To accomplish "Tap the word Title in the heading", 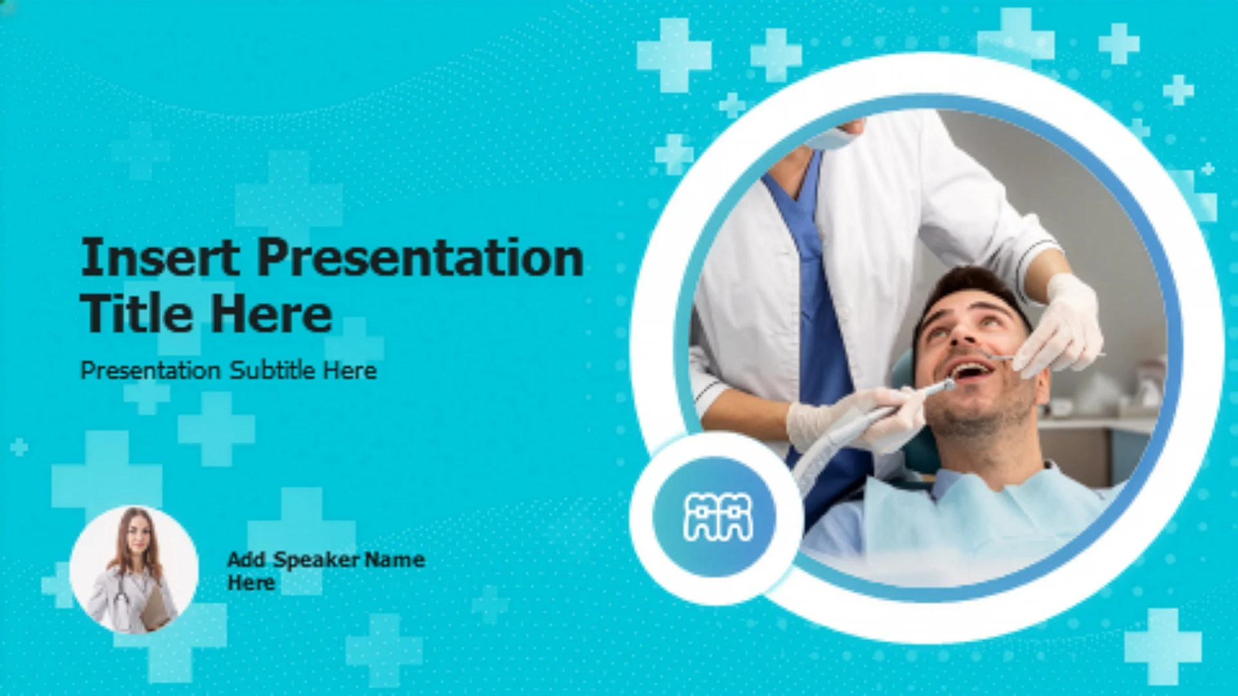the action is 135,313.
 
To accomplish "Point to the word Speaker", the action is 317,560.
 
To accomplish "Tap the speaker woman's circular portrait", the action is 133,570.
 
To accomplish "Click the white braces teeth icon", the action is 718,517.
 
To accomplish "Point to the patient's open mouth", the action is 972,371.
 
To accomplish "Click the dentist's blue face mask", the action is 832,137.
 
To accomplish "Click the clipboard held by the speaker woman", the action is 154,606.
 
